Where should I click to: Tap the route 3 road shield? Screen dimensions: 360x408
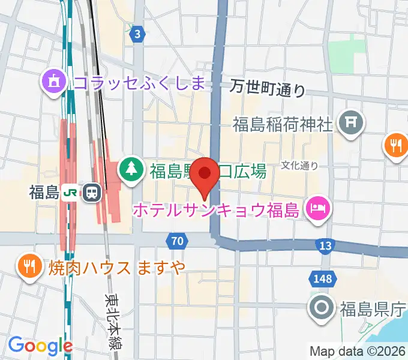tap(138, 34)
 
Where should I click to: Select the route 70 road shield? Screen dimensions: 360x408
tap(176, 241)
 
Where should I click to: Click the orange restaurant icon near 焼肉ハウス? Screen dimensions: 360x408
tap(29, 266)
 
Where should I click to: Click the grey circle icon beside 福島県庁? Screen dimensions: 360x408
tap(322, 310)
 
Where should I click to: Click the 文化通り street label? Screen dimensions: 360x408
tap(299, 165)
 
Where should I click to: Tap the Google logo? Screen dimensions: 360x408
tap(40, 346)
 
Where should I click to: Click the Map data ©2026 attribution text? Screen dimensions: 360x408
tap(358, 351)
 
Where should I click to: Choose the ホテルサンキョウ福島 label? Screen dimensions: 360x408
tap(215, 210)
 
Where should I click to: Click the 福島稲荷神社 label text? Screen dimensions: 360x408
tap(282, 125)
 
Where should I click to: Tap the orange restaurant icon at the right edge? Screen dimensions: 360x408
tap(396, 145)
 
